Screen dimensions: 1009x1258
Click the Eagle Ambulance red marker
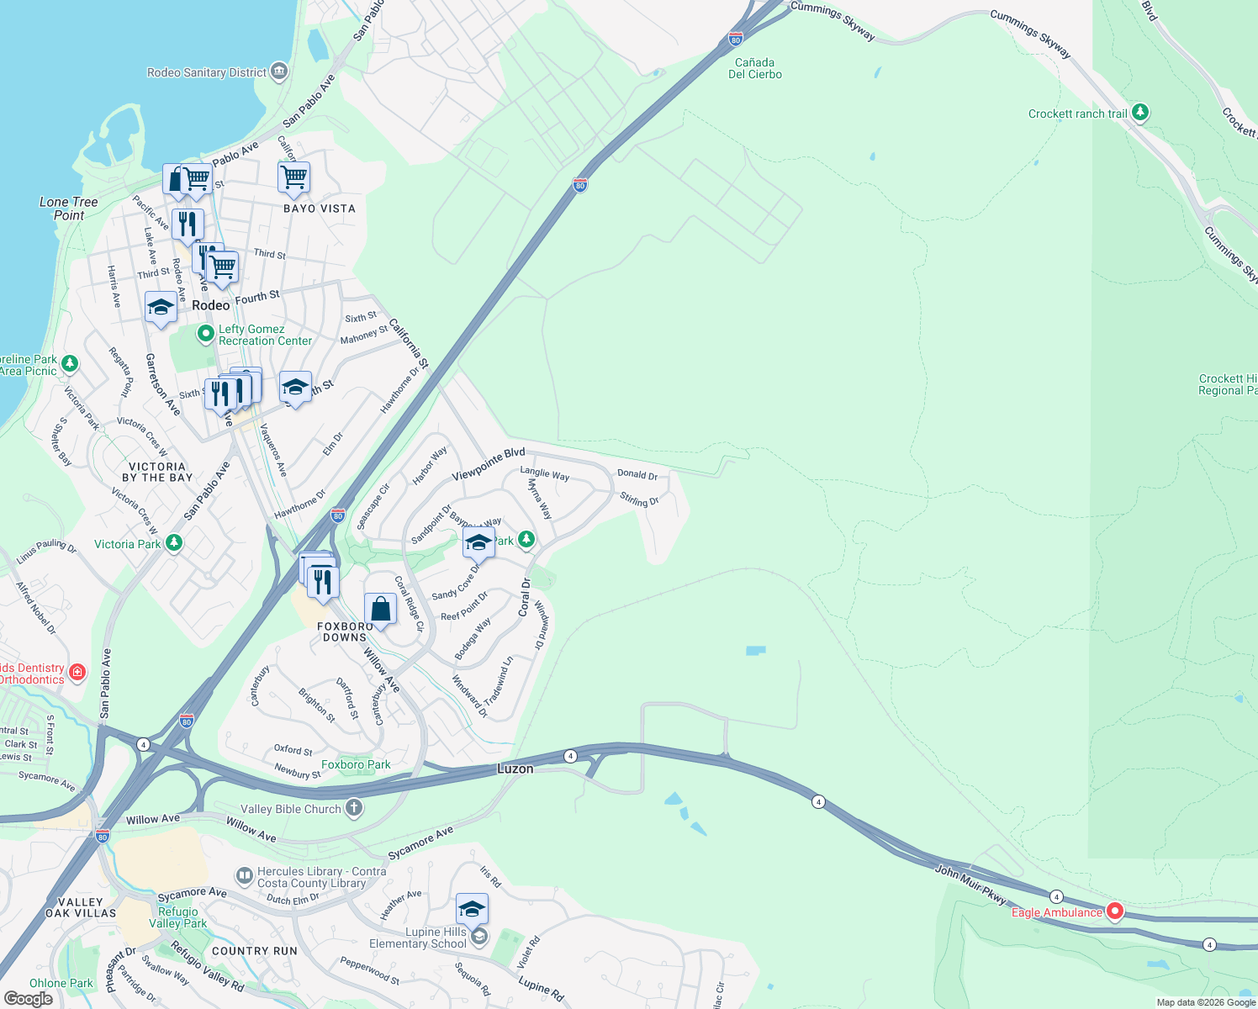click(1115, 911)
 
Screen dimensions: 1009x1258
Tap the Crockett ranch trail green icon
click(1140, 113)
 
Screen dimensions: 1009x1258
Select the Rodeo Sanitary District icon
click(279, 72)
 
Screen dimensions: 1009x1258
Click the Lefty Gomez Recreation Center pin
click(205, 335)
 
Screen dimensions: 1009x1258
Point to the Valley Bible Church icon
click(354, 809)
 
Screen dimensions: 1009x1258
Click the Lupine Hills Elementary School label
click(418, 938)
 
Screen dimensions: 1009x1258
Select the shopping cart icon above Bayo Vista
click(294, 177)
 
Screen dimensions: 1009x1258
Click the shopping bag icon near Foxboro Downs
click(380, 609)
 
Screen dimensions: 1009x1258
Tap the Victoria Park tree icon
click(174, 543)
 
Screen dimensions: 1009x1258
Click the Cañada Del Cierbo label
click(755, 68)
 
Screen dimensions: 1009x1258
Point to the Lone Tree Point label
click(69, 209)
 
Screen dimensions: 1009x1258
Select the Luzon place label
click(515, 769)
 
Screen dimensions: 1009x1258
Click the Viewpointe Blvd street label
click(488, 465)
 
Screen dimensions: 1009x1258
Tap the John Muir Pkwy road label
click(970, 884)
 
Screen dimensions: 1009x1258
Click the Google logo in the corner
click(28, 999)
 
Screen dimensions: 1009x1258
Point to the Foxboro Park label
click(356, 764)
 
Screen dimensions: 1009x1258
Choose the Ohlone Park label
click(61, 983)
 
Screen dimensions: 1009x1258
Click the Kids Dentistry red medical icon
click(77, 672)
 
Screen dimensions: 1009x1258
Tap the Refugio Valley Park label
click(178, 917)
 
